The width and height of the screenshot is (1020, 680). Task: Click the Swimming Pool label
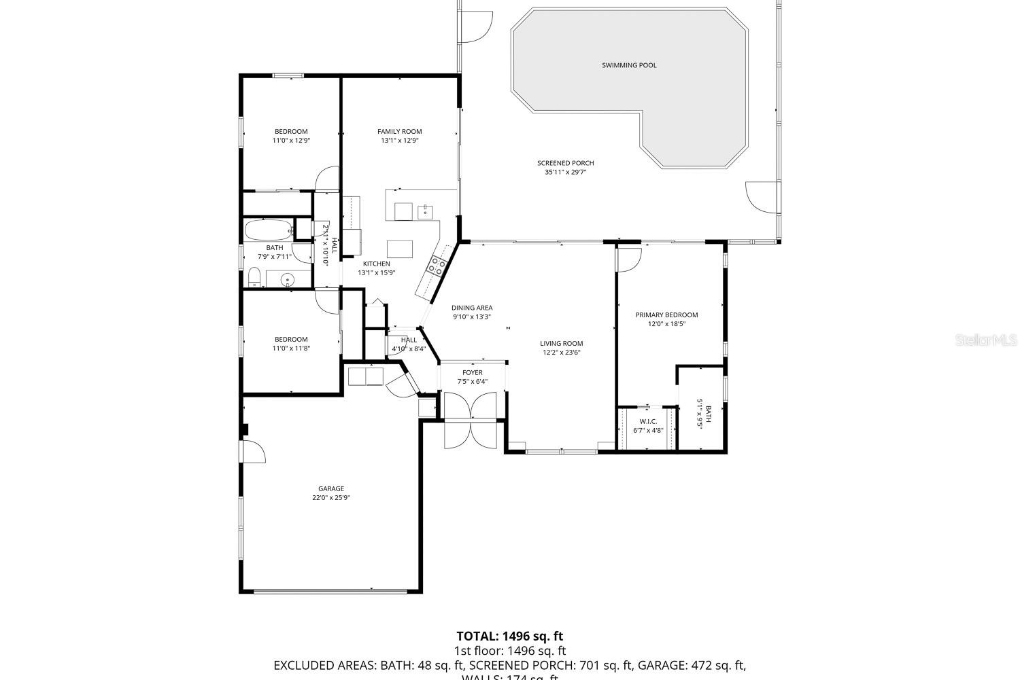(629, 65)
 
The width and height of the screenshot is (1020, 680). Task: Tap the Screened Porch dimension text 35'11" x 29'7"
(565, 173)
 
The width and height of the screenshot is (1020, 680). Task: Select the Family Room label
(400, 132)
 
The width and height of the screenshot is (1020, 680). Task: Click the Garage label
(331, 488)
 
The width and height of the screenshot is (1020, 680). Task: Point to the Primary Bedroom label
(666, 315)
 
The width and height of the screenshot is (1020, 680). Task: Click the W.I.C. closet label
(648, 421)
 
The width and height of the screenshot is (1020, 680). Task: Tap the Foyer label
(473, 372)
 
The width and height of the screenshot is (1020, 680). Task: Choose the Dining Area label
(472, 308)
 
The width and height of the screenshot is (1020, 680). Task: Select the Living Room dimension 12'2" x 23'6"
(562, 353)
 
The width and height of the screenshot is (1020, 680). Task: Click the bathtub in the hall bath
(269, 230)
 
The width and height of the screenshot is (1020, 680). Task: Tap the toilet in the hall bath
(253, 276)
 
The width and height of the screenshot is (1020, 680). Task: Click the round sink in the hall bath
(288, 279)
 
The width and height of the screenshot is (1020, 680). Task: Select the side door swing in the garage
(253, 450)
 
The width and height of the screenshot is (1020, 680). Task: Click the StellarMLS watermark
(986, 340)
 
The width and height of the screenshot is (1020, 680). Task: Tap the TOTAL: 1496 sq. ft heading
(509, 637)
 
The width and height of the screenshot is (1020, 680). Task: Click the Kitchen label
(376, 264)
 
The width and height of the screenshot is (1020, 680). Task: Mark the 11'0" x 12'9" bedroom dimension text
(291, 141)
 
